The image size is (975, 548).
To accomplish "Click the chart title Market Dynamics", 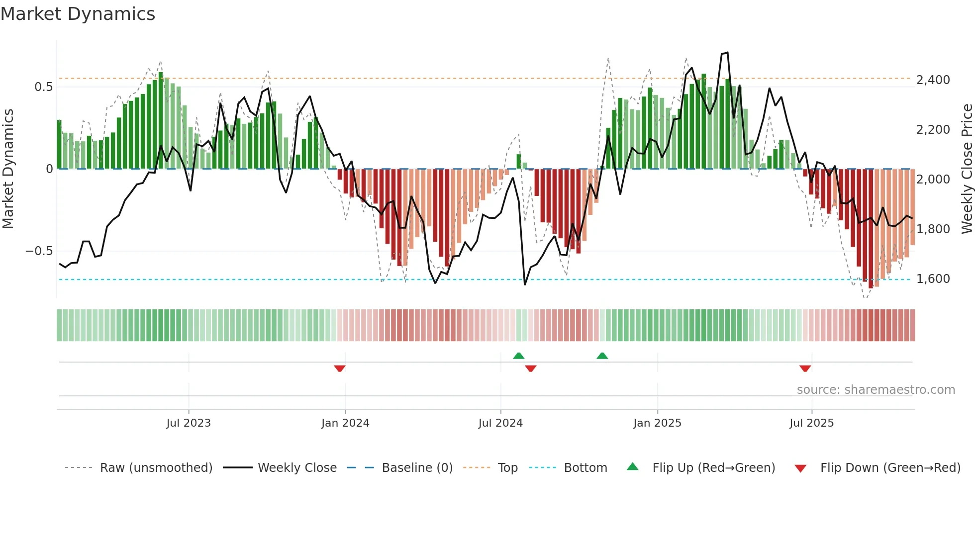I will coord(78,14).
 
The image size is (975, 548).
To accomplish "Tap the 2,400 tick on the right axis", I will coord(933,80).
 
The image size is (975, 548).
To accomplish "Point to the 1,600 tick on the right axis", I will coord(933,278).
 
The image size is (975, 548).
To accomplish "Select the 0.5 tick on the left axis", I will coord(43,87).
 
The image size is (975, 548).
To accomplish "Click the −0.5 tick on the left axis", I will coord(39,251).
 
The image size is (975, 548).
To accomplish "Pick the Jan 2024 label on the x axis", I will coord(345,423).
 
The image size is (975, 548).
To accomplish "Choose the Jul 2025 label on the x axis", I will coord(811,423).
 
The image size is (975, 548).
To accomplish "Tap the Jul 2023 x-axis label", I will coord(189,423).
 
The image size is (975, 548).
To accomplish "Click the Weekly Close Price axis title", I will coord(967,169).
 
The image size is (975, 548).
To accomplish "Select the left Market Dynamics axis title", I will coord(8,169).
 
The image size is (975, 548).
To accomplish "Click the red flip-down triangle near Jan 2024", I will coord(340,368).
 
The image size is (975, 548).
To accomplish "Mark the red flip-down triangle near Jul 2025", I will coord(805,368).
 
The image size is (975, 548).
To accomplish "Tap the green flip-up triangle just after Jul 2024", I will coord(518,356).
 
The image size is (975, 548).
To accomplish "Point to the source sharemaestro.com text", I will coord(876,390).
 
